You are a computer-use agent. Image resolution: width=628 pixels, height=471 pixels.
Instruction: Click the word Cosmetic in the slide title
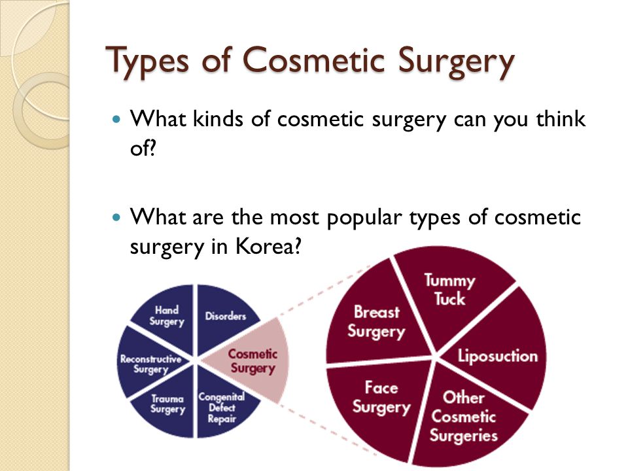point(313,60)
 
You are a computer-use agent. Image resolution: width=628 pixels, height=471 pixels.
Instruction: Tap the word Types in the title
point(147,61)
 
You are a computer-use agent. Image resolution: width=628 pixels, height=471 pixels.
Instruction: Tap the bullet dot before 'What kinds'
point(116,119)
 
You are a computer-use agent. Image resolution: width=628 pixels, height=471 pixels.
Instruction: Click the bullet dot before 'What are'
point(116,217)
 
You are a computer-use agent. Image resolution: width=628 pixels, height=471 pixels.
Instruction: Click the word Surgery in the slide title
point(456,62)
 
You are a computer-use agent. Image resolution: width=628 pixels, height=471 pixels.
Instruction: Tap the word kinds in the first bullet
point(218,118)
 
